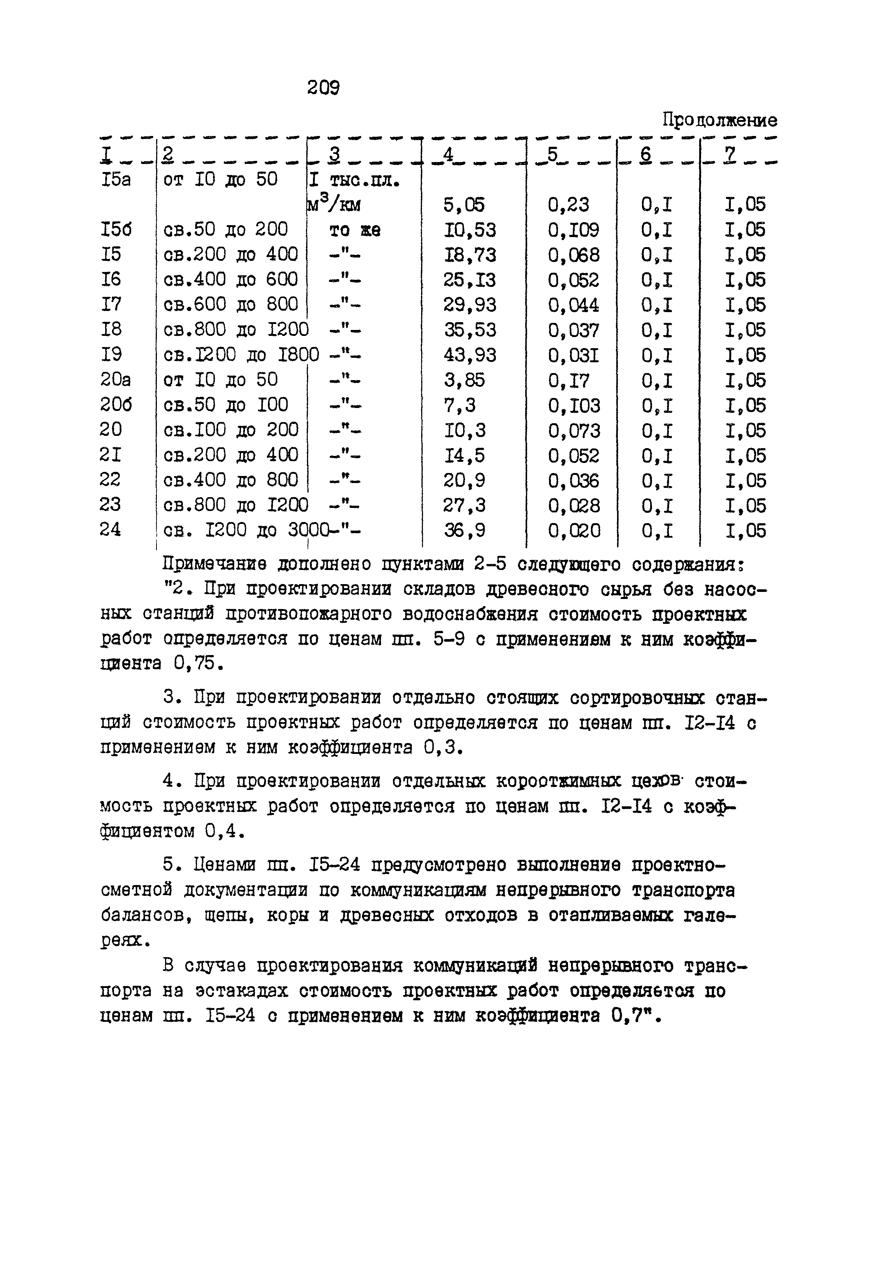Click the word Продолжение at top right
point(720,120)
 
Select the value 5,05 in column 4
point(464,205)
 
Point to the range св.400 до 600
point(231,280)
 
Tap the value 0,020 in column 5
point(574,531)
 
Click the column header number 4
point(448,155)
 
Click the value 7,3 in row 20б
point(459,405)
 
